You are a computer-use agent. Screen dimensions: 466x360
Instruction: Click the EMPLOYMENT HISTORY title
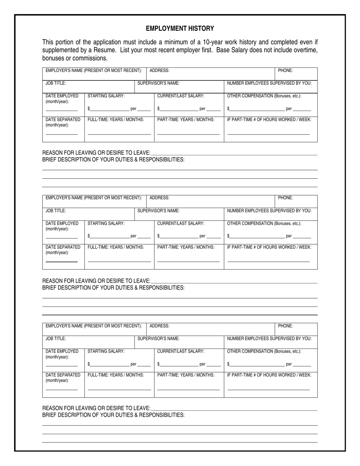click(x=180, y=28)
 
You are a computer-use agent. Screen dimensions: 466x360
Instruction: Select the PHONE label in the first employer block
click(x=285, y=70)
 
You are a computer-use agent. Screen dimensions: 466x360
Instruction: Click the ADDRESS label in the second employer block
click(x=160, y=198)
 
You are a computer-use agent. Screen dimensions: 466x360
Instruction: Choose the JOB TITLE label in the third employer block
click(x=56, y=339)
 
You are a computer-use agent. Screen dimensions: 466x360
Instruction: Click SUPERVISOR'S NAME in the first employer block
click(x=158, y=83)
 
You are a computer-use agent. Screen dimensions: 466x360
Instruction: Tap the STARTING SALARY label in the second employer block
click(x=106, y=224)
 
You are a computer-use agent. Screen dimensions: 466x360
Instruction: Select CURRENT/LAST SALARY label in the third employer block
click(x=181, y=351)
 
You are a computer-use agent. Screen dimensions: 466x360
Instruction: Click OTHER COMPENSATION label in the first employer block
click(x=264, y=96)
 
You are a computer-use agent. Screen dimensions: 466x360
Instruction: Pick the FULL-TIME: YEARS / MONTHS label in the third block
click(x=116, y=375)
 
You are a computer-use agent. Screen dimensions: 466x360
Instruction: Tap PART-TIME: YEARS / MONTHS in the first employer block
click(x=186, y=120)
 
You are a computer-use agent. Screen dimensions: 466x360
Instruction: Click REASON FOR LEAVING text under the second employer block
click(x=96, y=281)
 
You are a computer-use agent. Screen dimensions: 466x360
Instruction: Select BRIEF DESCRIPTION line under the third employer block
click(x=113, y=415)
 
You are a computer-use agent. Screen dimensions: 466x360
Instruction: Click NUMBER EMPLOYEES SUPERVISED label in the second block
click(x=269, y=211)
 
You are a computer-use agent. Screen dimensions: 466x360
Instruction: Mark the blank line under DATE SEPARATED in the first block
click(x=61, y=134)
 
